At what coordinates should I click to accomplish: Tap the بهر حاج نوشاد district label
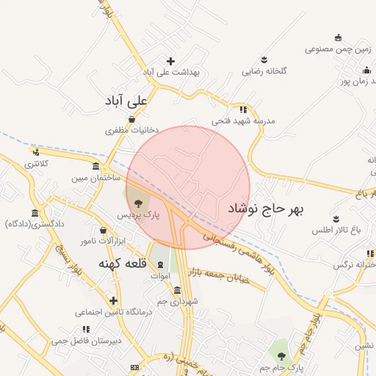(265, 209)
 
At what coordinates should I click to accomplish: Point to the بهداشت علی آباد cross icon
(171, 61)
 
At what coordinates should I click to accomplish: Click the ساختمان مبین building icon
(96, 167)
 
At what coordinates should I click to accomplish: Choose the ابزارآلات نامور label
(98, 241)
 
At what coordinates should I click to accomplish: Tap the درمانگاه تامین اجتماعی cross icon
(113, 300)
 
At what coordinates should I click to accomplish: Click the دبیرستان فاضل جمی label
(80, 341)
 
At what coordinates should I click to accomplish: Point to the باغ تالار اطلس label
(337, 231)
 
